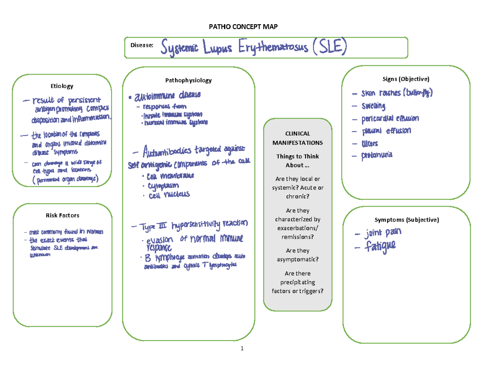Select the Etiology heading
pyautogui.click(x=62, y=86)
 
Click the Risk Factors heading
pyautogui.click(x=62, y=215)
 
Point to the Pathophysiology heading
pyautogui.click(x=188, y=80)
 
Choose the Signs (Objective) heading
pyautogui.click(x=407, y=78)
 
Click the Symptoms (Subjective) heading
pyautogui.click(x=407, y=220)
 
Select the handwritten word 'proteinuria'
pyautogui.click(x=377, y=155)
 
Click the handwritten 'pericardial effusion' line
pyautogui.click(x=390, y=119)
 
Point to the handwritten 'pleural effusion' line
pyautogui.click(x=386, y=131)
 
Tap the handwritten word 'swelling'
pyautogui.click(x=374, y=107)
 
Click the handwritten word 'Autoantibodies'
pyautogui.click(x=167, y=152)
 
